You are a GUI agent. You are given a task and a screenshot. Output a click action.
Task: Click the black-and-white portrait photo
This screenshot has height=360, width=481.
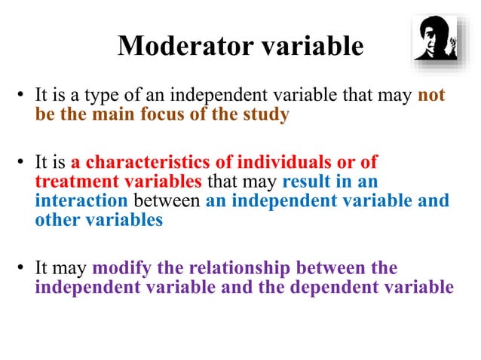click(x=438, y=38)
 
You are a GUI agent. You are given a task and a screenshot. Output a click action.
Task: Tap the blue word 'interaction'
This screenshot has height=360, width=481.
click(x=81, y=201)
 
